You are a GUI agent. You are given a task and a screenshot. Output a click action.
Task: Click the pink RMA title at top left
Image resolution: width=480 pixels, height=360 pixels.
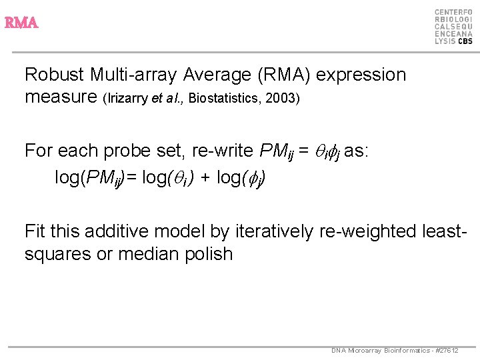click(21, 23)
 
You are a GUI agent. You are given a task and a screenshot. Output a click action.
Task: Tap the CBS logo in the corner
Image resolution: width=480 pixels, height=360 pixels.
click(453, 27)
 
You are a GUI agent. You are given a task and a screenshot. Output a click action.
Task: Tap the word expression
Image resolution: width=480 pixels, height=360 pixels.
click(361, 75)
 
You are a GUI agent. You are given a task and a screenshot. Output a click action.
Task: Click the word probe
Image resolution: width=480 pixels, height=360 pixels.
click(128, 151)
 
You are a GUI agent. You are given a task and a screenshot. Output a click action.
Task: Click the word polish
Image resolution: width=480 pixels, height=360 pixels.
click(207, 254)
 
